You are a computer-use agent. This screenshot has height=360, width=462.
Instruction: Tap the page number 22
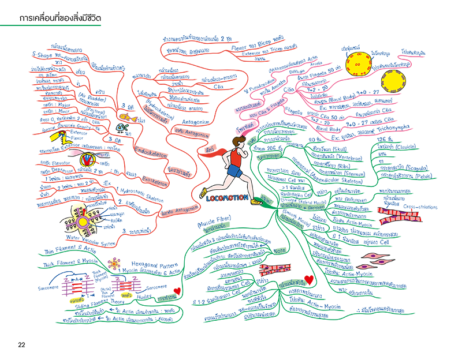[x=21, y=345]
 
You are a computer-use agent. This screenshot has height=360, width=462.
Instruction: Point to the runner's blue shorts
[x=235, y=171]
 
